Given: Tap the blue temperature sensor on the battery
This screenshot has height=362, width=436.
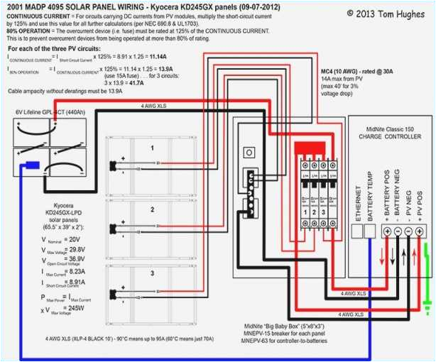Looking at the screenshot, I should point(31,165).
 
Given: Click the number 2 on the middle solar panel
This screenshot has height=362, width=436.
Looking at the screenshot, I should point(151,210).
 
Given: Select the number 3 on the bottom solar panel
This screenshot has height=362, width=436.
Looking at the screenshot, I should point(151,272).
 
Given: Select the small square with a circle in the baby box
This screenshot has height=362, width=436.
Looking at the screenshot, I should point(249,153).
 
